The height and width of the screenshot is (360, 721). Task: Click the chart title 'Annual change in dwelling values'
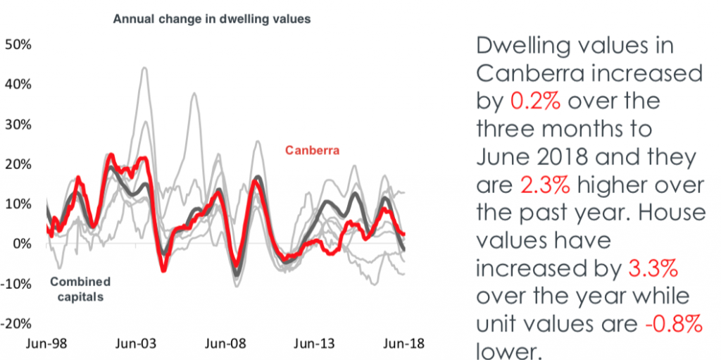pyautogui.click(x=212, y=20)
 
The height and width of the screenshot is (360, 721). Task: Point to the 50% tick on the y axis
pyautogui.click(x=18, y=45)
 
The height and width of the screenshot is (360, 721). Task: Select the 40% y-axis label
pyautogui.click(x=18, y=85)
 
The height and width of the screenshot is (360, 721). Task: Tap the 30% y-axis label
pyautogui.click(x=18, y=125)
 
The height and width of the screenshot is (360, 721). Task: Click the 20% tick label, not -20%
pyautogui.click(x=18, y=164)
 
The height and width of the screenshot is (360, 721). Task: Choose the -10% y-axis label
pyautogui.click(x=18, y=284)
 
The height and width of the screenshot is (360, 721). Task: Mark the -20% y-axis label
pyautogui.click(x=18, y=324)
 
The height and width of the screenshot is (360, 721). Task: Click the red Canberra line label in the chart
pyautogui.click(x=312, y=150)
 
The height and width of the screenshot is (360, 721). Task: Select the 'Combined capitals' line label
pyautogui.click(x=80, y=289)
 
